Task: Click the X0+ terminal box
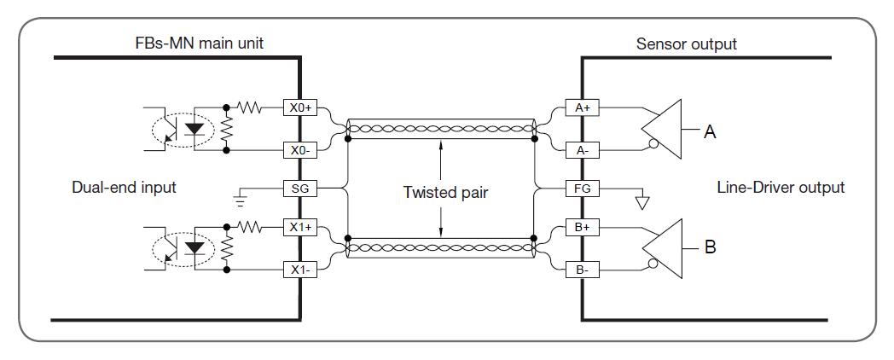pyautogui.click(x=300, y=107)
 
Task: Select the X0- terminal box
pyautogui.click(x=300, y=151)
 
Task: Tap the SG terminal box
pyautogui.click(x=300, y=188)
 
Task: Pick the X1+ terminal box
pyautogui.click(x=300, y=227)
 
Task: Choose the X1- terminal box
pyautogui.click(x=300, y=270)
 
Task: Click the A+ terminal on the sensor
pyautogui.click(x=582, y=107)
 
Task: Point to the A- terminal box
pyautogui.click(x=582, y=151)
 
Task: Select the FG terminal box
pyautogui.click(x=582, y=188)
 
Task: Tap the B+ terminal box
pyautogui.click(x=582, y=227)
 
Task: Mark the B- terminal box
pyautogui.click(x=582, y=270)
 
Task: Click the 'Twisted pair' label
pyautogui.click(x=446, y=192)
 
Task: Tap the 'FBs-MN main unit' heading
pyautogui.click(x=199, y=44)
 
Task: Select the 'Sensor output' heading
pyautogui.click(x=687, y=44)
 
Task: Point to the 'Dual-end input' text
pyautogui.click(x=125, y=187)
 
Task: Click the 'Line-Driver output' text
pyautogui.click(x=781, y=187)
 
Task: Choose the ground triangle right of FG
pyautogui.click(x=642, y=202)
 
